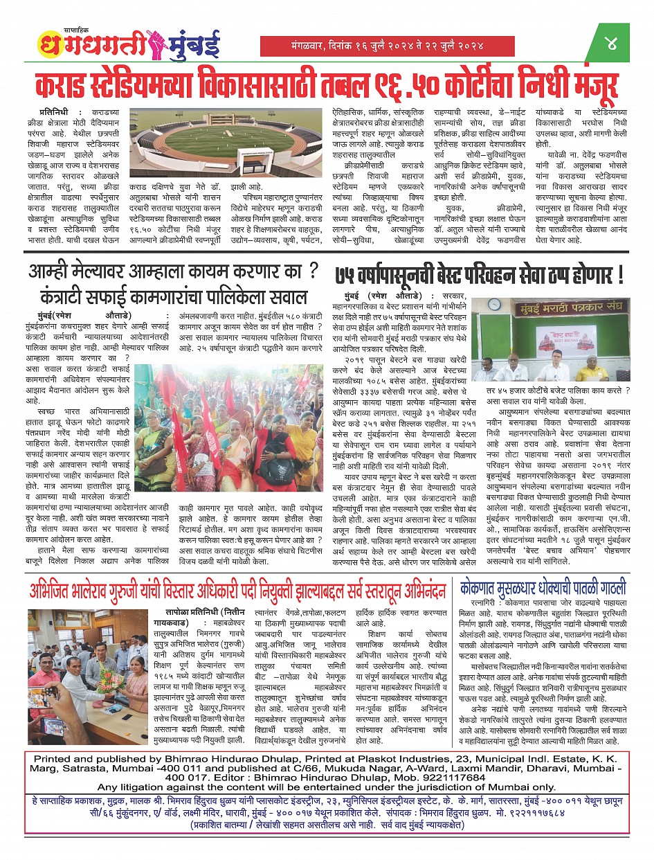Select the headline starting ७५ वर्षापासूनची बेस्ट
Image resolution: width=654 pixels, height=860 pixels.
(479, 277)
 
